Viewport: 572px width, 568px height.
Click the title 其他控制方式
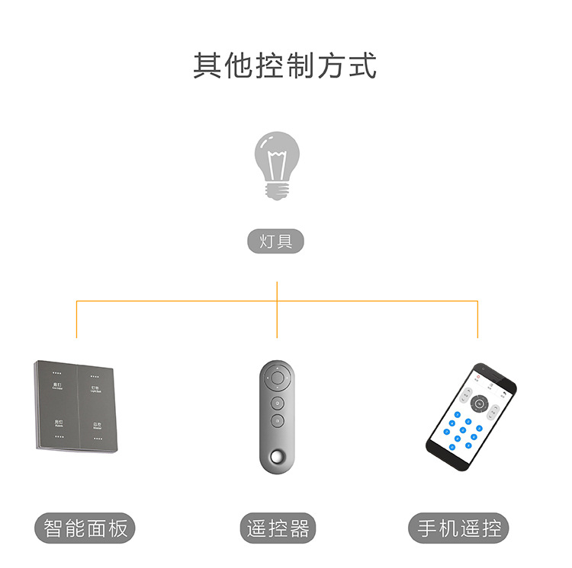click(284, 65)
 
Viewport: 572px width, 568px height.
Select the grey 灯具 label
click(276, 242)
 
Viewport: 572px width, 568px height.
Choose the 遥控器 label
click(278, 528)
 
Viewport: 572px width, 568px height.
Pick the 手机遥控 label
click(460, 528)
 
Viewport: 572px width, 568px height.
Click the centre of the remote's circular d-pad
click(278, 378)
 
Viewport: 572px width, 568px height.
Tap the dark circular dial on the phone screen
click(479, 404)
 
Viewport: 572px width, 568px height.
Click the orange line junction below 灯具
click(277, 301)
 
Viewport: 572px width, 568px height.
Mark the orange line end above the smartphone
click(477, 337)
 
